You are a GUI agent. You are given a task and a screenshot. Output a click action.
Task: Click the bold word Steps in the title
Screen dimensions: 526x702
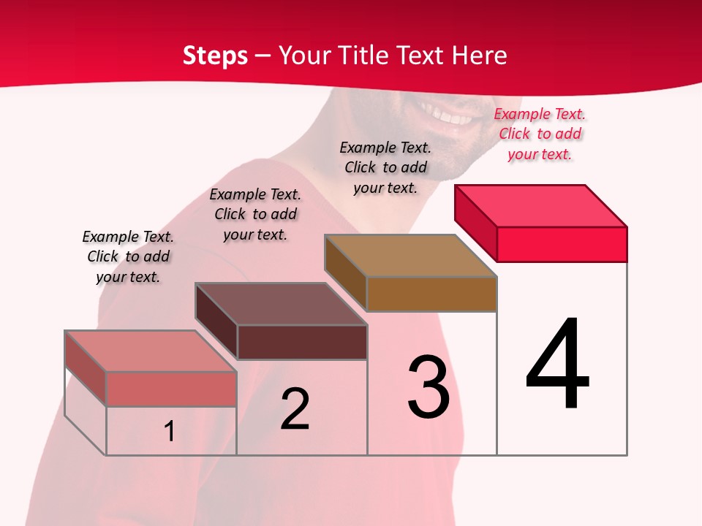(215, 56)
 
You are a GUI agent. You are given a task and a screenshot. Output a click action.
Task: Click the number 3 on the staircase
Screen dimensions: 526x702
(429, 386)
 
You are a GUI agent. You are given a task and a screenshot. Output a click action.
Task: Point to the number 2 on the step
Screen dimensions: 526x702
(295, 409)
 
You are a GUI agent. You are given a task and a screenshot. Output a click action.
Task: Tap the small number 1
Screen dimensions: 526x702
(169, 431)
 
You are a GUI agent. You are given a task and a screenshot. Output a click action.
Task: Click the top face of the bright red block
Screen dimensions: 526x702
(541, 205)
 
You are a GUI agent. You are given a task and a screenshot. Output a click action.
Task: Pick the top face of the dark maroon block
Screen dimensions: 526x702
(281, 304)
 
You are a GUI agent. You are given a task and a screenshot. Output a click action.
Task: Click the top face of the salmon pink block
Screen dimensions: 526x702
(151, 351)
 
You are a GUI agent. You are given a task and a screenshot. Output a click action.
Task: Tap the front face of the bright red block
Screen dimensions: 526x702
(562, 244)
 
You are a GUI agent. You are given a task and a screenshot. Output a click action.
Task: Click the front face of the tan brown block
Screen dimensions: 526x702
(431, 294)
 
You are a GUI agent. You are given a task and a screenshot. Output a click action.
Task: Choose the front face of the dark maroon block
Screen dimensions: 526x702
(302, 342)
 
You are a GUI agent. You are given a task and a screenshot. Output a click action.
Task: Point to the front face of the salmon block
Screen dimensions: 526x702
(171, 389)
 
